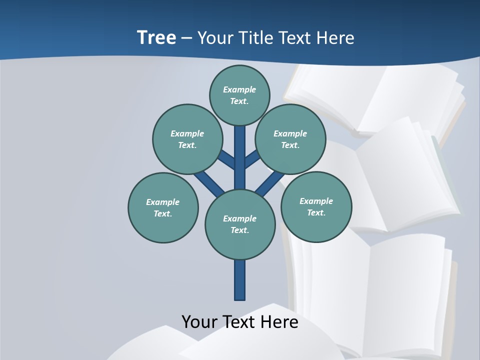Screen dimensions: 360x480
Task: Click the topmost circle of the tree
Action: pos(239,95)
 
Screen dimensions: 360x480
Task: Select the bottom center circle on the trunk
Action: pos(240,224)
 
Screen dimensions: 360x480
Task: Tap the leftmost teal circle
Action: pos(163,207)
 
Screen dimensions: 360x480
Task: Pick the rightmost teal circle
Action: pos(316,206)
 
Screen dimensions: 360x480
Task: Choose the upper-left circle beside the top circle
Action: pos(187,139)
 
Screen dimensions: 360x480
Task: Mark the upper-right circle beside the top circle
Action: pos(290,139)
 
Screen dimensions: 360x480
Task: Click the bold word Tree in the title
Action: pos(156,37)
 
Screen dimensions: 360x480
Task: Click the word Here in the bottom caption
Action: pos(279,321)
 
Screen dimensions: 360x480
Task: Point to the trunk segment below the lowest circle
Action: pos(240,280)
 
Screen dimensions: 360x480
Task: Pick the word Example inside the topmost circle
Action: pos(239,89)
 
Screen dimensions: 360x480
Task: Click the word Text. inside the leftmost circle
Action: pos(163,213)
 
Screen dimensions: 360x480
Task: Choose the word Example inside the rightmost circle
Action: pos(316,201)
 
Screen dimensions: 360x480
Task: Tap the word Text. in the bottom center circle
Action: pos(240,230)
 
